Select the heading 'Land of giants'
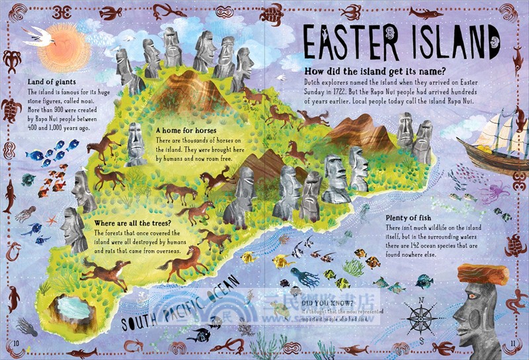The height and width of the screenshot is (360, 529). (x=52, y=81)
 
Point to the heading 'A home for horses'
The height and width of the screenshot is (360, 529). (x=186, y=131)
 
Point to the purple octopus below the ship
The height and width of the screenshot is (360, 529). (x=490, y=193)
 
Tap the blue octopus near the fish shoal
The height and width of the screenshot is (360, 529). (x=304, y=276)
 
